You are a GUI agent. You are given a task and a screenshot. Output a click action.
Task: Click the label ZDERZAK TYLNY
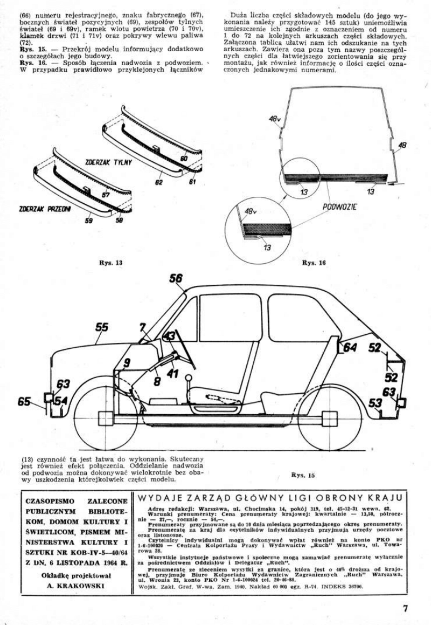108,162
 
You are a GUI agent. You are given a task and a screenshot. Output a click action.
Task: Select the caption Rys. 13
111,263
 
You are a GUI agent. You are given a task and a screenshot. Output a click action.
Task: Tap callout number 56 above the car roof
176,279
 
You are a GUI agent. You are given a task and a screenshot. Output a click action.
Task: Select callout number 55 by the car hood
102,327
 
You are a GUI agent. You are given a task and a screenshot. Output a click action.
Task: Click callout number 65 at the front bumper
24,401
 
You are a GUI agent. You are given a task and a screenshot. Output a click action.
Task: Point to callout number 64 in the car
350,348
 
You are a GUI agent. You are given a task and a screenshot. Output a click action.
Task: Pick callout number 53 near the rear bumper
376,403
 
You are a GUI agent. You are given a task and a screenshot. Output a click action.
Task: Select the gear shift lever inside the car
190,386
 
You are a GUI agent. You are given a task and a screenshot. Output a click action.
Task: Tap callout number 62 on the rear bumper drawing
159,182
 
